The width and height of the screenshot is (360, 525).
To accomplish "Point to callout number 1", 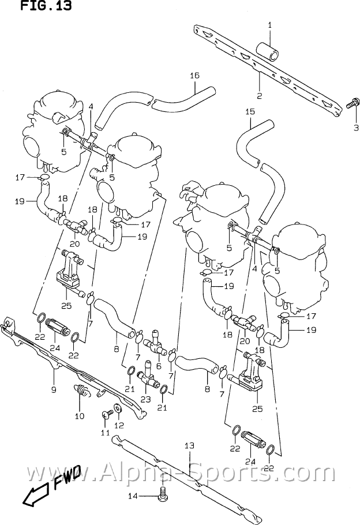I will click(x=269, y=24).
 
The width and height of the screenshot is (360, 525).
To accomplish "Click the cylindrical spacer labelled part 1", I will click(x=269, y=50).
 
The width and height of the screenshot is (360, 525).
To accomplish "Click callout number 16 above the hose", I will click(x=194, y=76).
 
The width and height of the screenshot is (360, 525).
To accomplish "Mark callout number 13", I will click(x=189, y=445).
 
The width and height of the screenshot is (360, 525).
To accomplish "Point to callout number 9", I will click(x=53, y=389).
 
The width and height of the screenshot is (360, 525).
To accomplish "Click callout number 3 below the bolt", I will click(x=355, y=127).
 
